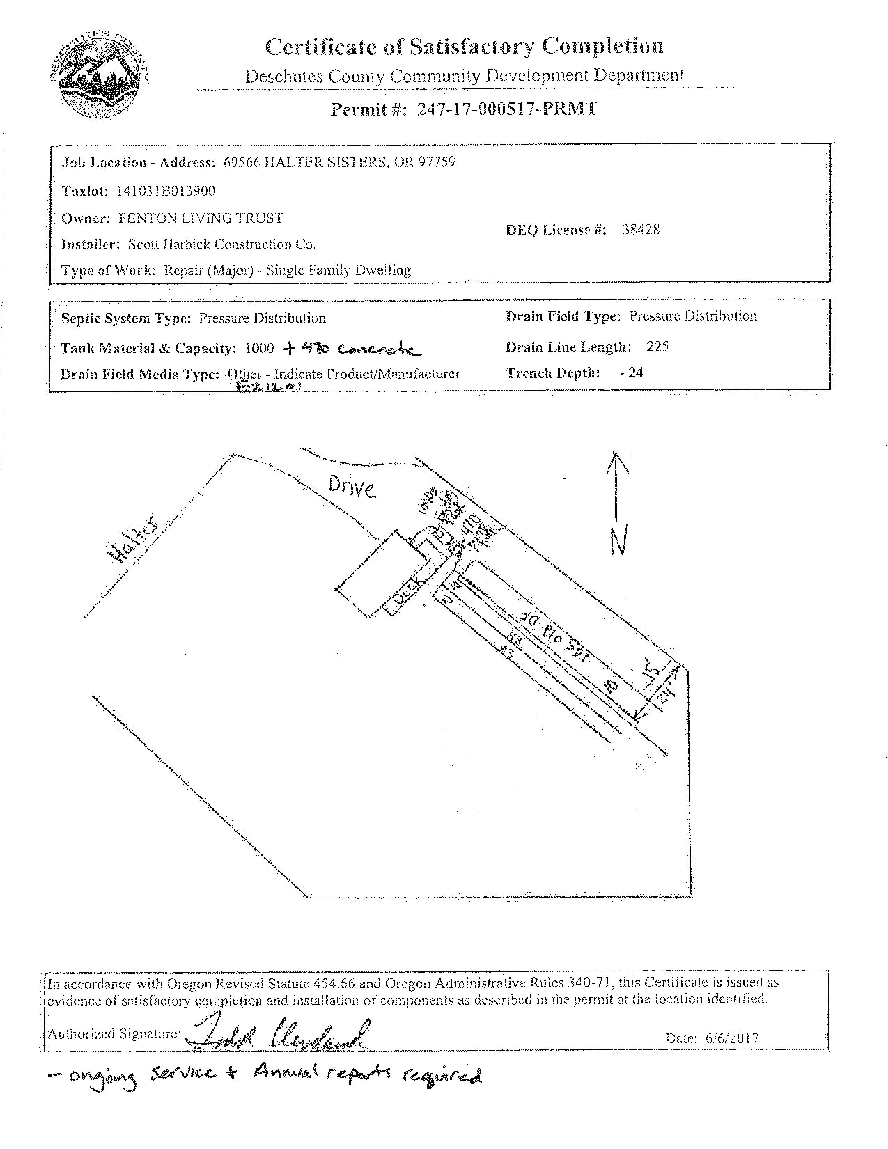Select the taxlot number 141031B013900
point(166,190)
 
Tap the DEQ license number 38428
point(641,229)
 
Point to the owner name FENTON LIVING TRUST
point(201,218)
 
